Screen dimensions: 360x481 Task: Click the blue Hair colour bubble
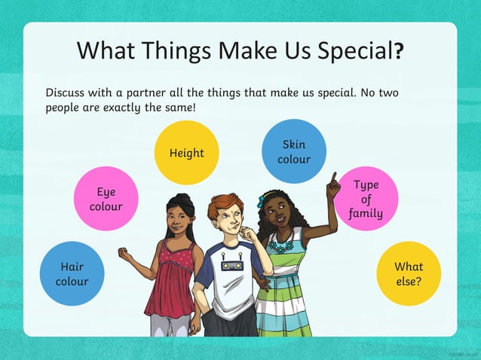[x=72, y=273]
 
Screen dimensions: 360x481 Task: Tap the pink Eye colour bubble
[x=106, y=199]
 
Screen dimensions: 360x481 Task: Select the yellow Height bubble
[x=186, y=153]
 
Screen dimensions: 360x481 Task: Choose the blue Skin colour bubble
[x=293, y=151]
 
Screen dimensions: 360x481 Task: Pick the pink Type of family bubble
[x=366, y=199]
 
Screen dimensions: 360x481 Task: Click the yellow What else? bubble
[x=409, y=273]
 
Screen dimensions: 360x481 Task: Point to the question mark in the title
[x=399, y=51]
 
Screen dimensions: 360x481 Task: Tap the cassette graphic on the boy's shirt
[x=230, y=265]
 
